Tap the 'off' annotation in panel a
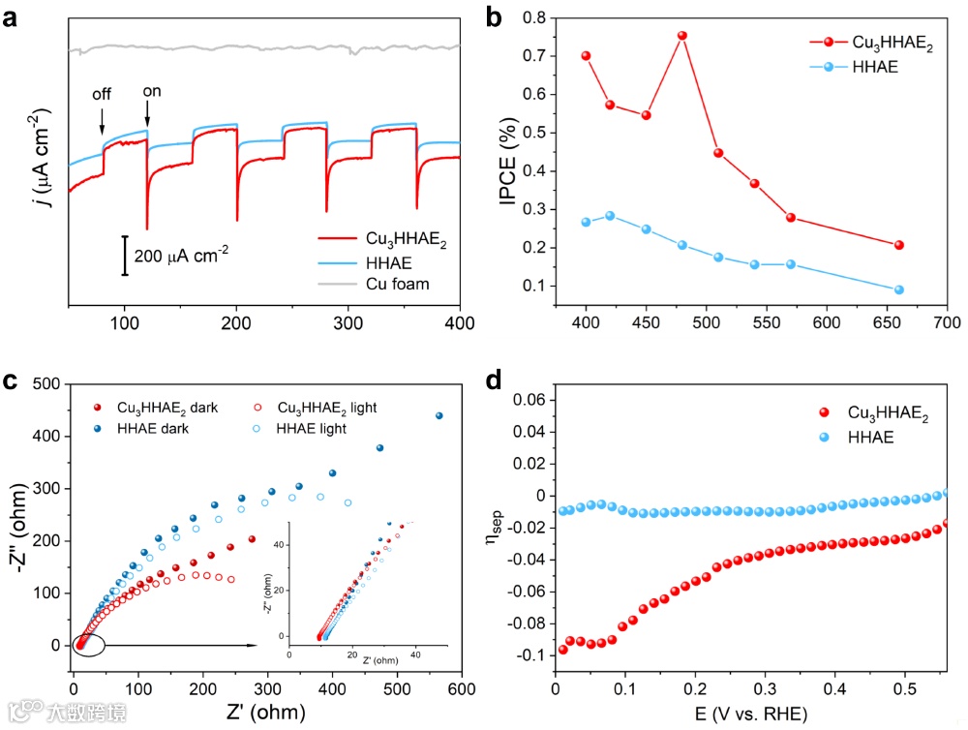click(x=102, y=94)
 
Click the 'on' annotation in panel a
click(x=152, y=92)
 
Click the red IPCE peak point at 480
click(x=681, y=36)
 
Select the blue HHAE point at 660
click(x=899, y=289)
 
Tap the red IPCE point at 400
click(x=586, y=55)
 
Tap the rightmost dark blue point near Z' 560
click(x=439, y=415)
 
